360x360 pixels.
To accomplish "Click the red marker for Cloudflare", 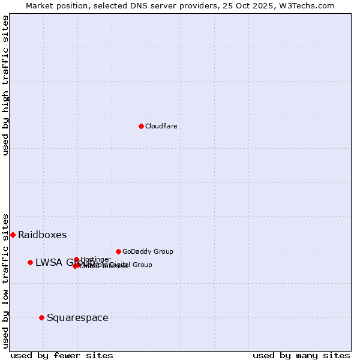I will (141, 126).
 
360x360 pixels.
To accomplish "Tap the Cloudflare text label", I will (161, 126).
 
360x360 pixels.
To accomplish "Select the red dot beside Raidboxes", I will (13, 235).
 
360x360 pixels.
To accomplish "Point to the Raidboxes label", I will (42, 235).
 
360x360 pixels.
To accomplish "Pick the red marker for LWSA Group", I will (30, 262).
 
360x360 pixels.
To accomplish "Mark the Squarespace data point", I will (41, 317).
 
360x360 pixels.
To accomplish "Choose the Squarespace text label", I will (77, 317).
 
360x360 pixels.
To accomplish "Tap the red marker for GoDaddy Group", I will (118, 251).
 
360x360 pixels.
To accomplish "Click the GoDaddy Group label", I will (148, 251).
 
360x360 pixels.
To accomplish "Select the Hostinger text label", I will (95, 259).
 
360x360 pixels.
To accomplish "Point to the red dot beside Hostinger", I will (76, 259).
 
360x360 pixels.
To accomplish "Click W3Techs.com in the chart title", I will (305, 5).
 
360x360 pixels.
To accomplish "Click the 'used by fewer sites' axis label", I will (62, 355).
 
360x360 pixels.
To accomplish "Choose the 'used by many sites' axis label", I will (301, 355).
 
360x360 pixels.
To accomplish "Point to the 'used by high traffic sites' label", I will (5, 85).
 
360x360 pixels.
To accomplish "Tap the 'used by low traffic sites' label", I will (5, 280).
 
